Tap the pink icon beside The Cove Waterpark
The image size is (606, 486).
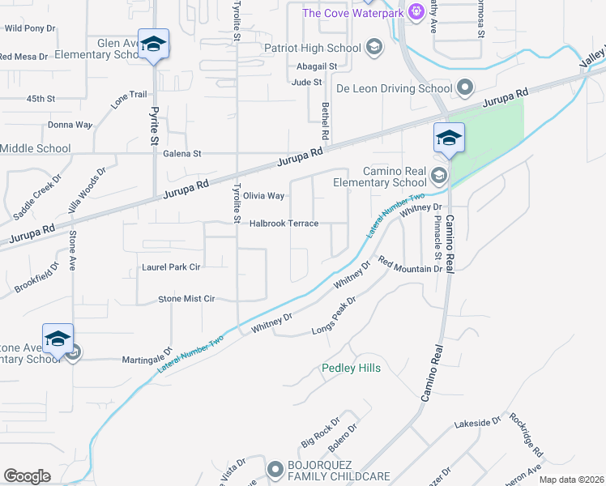point(416,12)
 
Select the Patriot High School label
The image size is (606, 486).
point(313,48)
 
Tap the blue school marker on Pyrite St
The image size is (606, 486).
point(152,45)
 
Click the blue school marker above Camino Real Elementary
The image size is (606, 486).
point(449,139)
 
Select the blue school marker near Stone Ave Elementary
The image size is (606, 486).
point(58,339)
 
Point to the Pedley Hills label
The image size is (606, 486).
point(351,369)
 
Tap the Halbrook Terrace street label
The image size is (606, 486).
point(284,224)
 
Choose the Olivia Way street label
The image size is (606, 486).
point(264,196)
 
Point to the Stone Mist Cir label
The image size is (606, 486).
point(186,299)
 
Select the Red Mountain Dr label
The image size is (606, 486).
point(409,267)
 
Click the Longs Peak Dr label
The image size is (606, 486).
point(335,317)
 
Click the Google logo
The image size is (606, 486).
point(27,476)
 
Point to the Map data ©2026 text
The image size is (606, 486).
point(570,480)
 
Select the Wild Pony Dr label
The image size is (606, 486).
point(29,28)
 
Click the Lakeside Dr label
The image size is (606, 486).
point(478,424)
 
